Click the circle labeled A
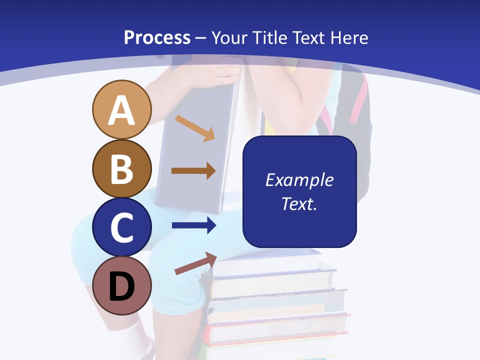(122, 110)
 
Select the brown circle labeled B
(122, 168)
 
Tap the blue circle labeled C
(122, 227)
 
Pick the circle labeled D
(122, 285)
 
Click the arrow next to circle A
(195, 128)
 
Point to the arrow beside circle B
(193, 171)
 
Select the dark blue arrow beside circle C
(193, 225)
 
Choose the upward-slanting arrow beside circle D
(195, 263)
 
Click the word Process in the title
(157, 37)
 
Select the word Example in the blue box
(299, 180)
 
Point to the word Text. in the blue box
(299, 203)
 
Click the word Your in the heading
(228, 37)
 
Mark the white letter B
(122, 168)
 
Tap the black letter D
(122, 286)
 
